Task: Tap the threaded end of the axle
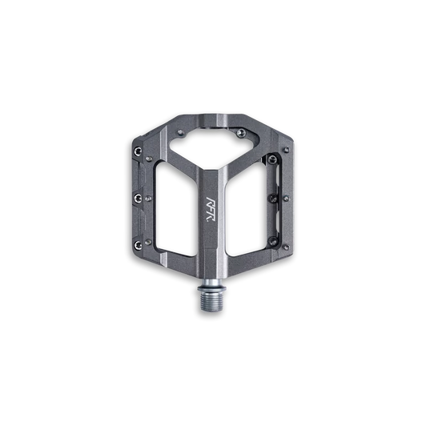pos(214,304)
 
